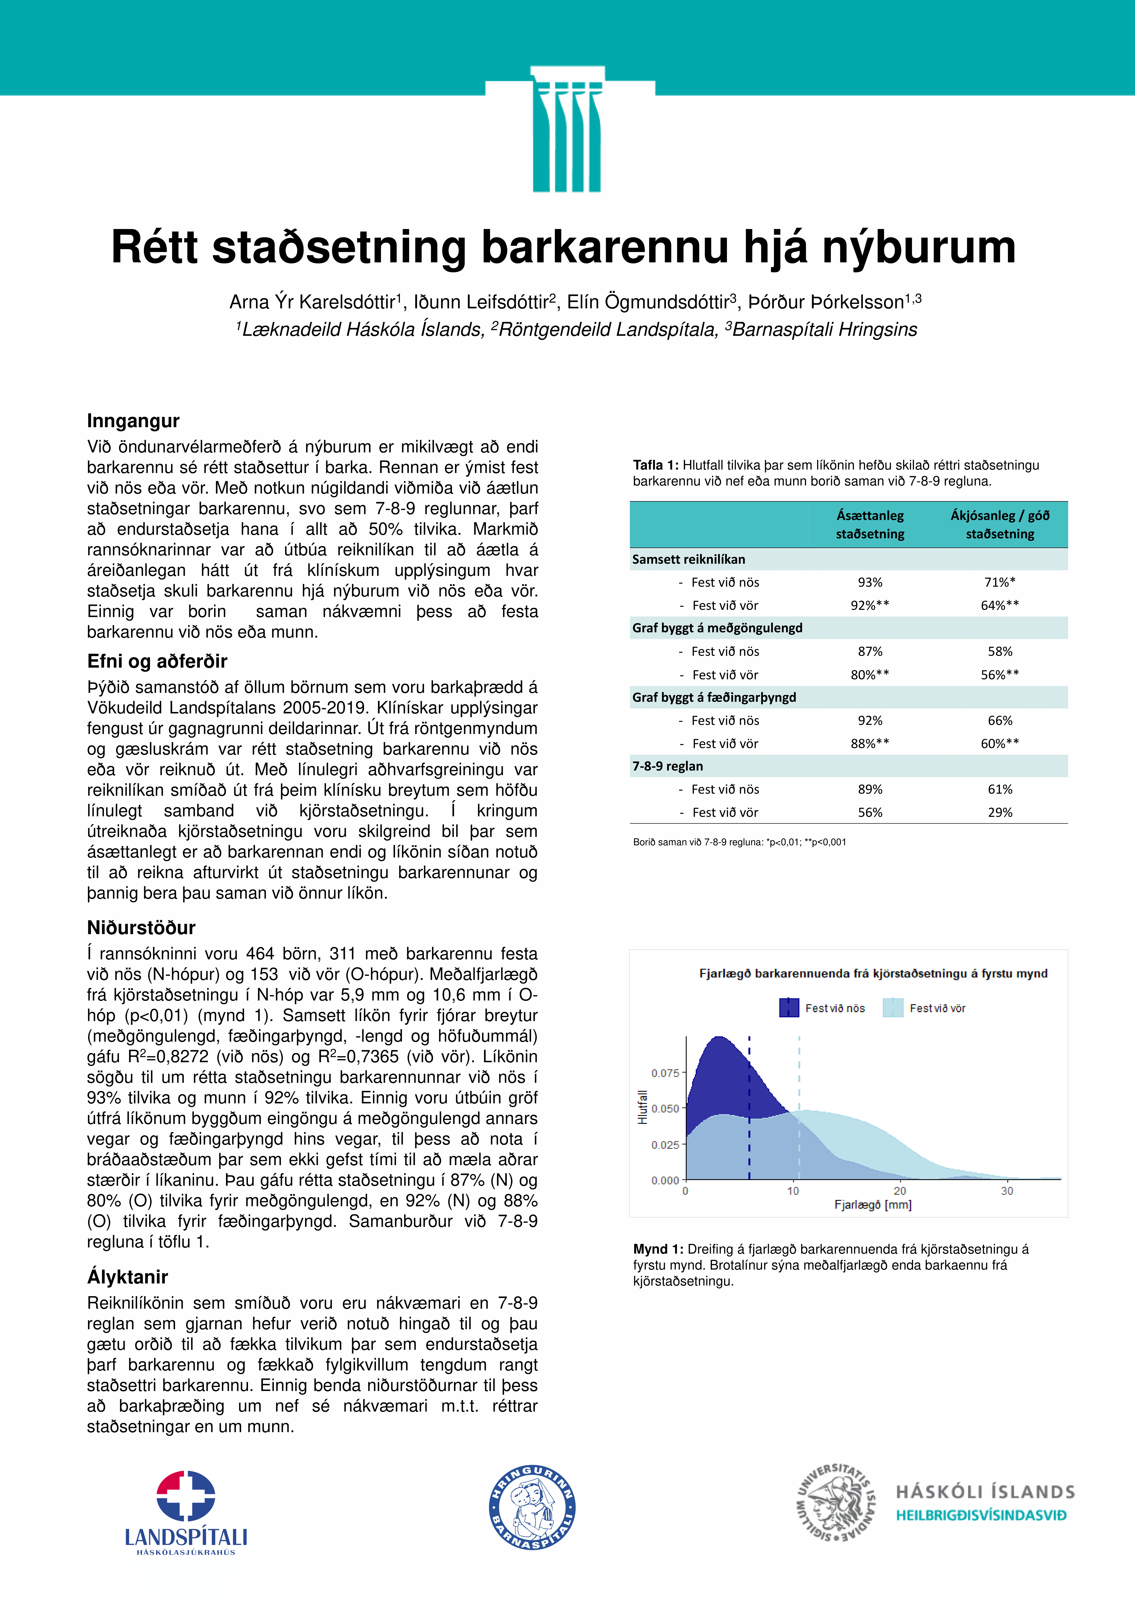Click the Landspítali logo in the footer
pos(186,1513)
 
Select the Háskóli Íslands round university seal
pos(835,1502)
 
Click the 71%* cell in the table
pos(999,582)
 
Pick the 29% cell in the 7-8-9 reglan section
pos(999,812)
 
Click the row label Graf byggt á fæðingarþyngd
pos(714,697)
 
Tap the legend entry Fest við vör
pos(936,1008)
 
